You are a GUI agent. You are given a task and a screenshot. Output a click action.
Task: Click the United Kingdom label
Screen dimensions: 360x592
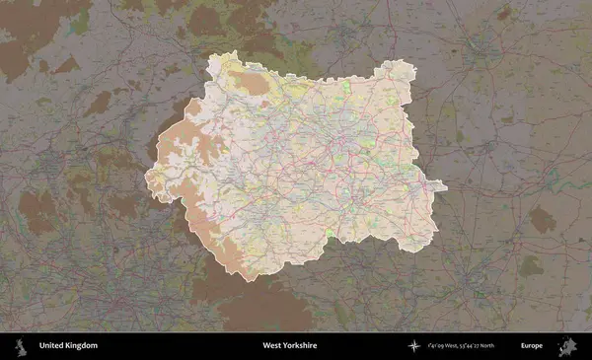(68, 346)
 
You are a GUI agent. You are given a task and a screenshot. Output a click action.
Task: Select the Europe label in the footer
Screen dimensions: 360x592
(532, 346)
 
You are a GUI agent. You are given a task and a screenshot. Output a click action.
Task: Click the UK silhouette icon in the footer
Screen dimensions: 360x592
(20, 346)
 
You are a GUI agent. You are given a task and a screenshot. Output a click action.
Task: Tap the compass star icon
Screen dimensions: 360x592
(414, 346)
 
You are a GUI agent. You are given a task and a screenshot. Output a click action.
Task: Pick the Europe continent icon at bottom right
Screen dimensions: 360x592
(569, 345)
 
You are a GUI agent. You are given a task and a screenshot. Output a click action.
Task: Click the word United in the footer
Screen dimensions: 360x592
(52, 346)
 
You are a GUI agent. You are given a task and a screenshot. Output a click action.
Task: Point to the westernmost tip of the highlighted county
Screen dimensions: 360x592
(147, 180)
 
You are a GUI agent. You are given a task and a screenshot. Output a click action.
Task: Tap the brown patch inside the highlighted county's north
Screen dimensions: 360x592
(254, 84)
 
